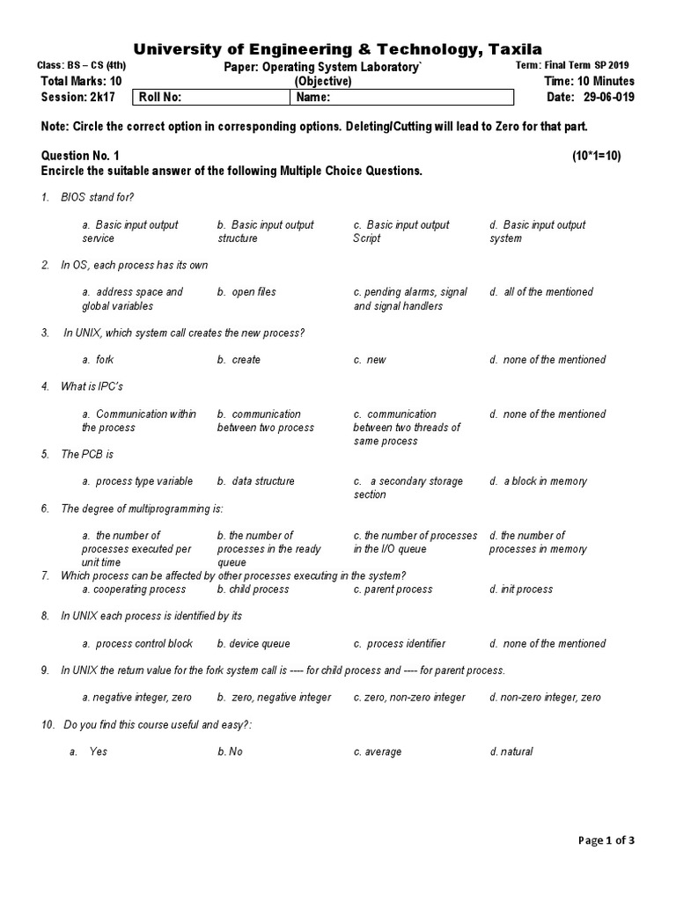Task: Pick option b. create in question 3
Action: click(x=239, y=360)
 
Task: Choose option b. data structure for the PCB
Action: click(x=256, y=481)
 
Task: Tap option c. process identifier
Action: click(x=400, y=644)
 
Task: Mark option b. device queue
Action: click(x=253, y=644)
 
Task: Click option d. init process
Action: click(x=521, y=590)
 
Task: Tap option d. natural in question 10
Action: click(x=511, y=752)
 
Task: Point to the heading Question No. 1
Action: click(x=80, y=156)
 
